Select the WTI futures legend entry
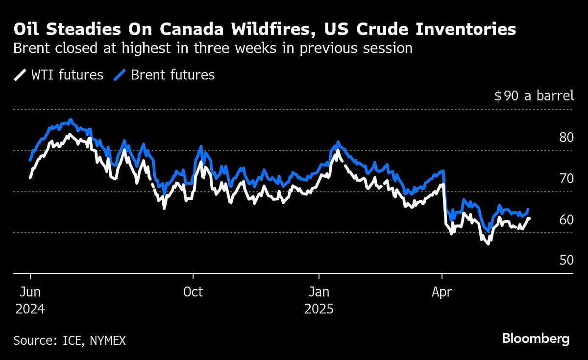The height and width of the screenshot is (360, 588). (x=59, y=75)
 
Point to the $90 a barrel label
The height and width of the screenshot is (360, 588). (x=534, y=96)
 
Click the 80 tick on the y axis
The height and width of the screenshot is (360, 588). (x=566, y=137)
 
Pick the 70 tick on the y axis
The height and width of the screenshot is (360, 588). (x=566, y=178)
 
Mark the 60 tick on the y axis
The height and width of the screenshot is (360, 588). (x=566, y=219)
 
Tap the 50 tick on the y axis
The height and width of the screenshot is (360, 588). (x=566, y=260)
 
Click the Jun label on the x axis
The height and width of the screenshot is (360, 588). (x=30, y=292)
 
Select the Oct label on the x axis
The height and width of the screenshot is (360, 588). (x=193, y=292)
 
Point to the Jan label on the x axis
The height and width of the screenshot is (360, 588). (x=318, y=292)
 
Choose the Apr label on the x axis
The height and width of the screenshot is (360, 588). (x=442, y=292)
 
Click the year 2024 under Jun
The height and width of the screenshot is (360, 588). (x=30, y=310)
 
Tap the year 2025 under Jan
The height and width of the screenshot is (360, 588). (x=318, y=310)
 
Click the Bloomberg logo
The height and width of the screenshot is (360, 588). (x=536, y=338)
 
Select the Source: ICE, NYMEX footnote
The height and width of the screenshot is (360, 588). (x=70, y=340)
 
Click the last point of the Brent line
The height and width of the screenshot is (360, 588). (x=528, y=209)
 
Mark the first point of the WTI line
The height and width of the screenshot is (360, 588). (x=30, y=177)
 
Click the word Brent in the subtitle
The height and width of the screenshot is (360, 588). (x=31, y=49)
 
